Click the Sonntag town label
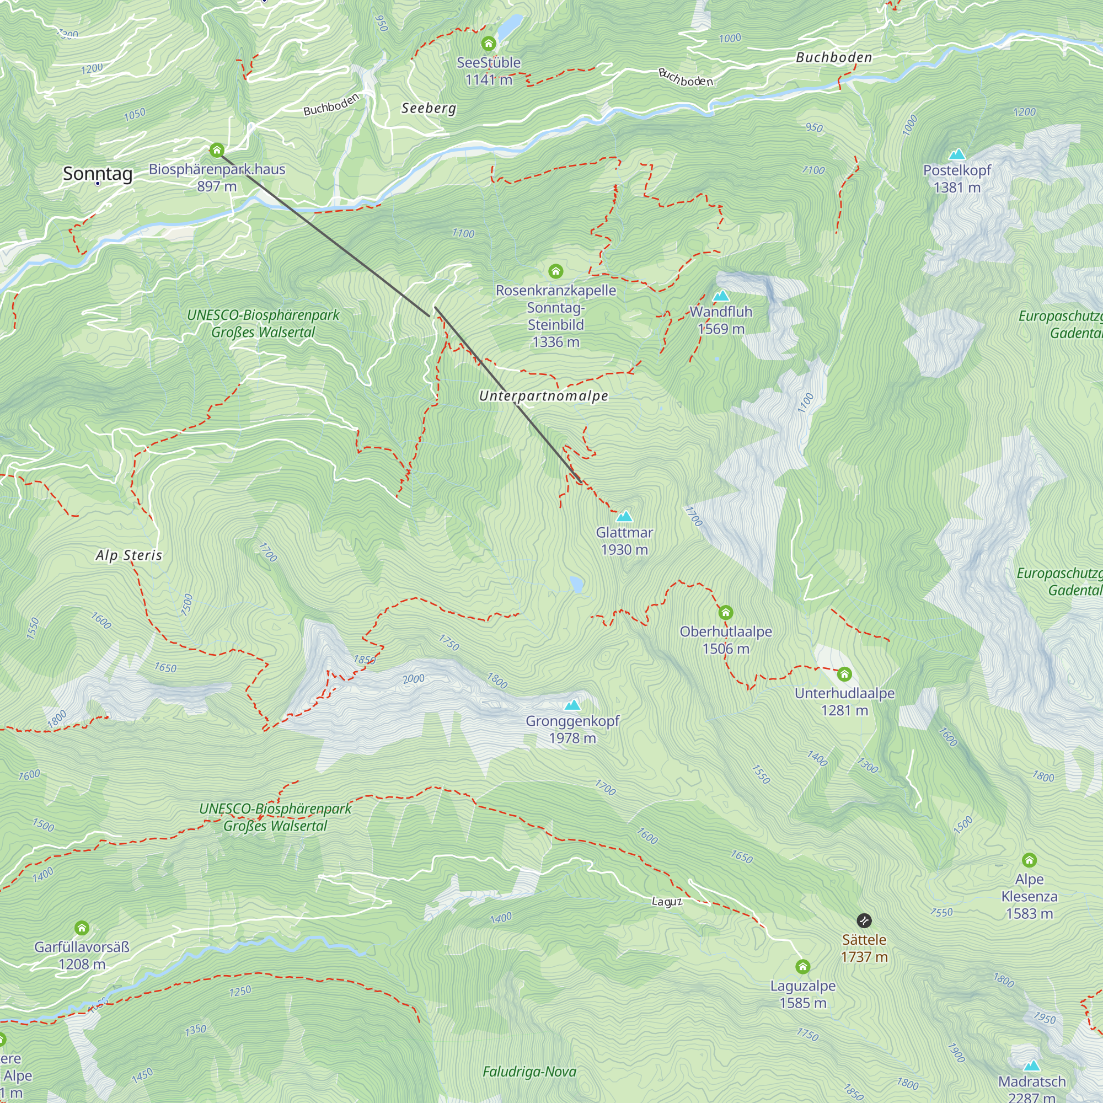coord(98,173)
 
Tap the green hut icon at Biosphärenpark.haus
coord(216,150)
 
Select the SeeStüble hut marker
coord(488,44)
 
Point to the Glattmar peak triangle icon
coord(624,517)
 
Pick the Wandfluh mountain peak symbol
coord(721,296)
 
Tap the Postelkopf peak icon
coord(957,154)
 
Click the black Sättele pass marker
coord(864,920)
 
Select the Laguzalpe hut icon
coord(802,967)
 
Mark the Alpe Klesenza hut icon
coord(1029,860)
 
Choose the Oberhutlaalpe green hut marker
coord(726,613)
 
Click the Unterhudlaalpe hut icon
coord(844,674)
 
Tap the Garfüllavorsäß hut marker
coord(82,928)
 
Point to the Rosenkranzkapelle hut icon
coord(555,271)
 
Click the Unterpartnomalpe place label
coord(544,395)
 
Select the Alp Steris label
coord(129,555)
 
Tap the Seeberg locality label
coord(429,108)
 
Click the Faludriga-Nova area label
coord(529,1072)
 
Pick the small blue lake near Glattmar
coord(577,584)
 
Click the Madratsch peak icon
coord(1032,1066)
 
